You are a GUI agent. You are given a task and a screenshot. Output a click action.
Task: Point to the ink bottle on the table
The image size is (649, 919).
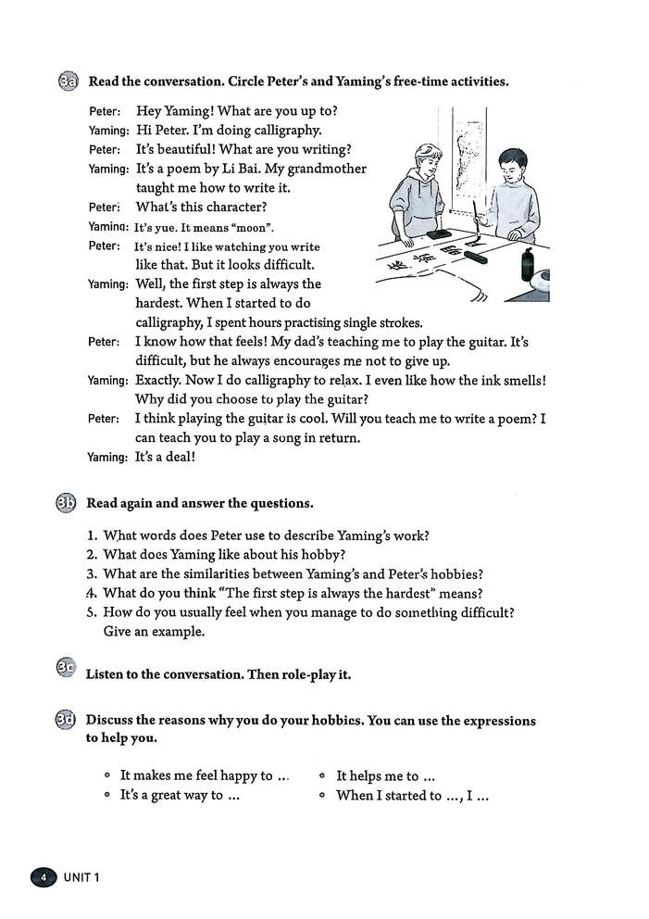click(x=527, y=264)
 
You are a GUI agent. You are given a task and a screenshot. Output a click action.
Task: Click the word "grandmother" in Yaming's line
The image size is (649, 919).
click(x=329, y=169)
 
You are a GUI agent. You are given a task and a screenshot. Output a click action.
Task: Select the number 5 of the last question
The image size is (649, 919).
click(x=92, y=612)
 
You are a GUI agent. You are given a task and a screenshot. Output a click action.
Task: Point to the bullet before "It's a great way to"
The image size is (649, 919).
click(x=107, y=796)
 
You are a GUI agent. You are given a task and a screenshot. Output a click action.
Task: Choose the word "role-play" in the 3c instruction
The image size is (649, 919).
click(x=309, y=674)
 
